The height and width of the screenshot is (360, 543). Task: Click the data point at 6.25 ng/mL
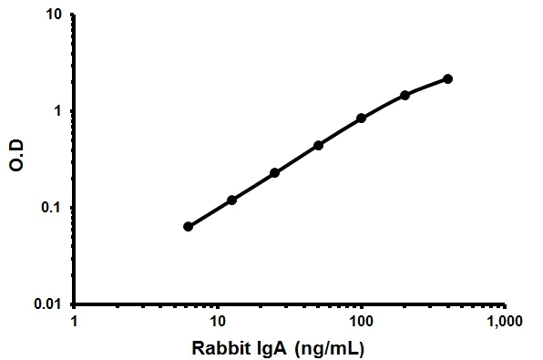pyautogui.click(x=188, y=226)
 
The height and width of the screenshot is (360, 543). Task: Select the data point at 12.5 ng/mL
pyautogui.click(x=231, y=200)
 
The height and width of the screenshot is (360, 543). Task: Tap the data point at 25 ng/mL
pyautogui.click(x=274, y=172)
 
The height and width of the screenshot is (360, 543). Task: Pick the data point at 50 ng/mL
pyautogui.click(x=318, y=145)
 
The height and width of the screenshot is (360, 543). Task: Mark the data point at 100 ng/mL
pyautogui.click(x=362, y=118)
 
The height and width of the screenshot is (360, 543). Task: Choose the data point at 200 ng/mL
pyautogui.click(x=405, y=95)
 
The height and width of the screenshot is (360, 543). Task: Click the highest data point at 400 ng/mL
pyautogui.click(x=448, y=78)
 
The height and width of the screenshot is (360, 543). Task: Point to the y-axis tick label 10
pyautogui.click(x=54, y=15)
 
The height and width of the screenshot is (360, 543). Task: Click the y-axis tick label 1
pyautogui.click(x=58, y=111)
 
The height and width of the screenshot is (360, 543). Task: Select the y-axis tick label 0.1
pyautogui.click(x=52, y=208)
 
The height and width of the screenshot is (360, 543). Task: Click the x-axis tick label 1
pyautogui.click(x=75, y=323)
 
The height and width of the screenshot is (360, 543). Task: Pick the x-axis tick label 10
pyautogui.click(x=218, y=323)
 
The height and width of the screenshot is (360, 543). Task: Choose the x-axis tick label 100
pyautogui.click(x=362, y=323)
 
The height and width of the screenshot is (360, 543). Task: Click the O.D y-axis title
pyautogui.click(x=15, y=160)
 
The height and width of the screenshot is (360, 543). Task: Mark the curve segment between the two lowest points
pyautogui.click(x=210, y=213)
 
